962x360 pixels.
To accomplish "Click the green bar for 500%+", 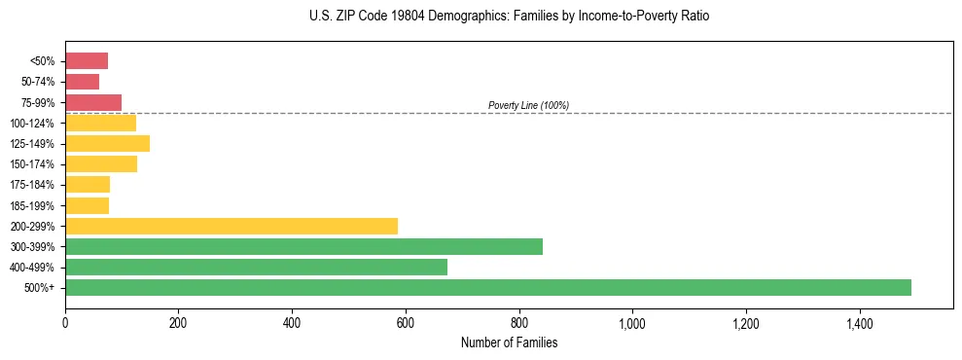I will pyautogui.click(x=488, y=287).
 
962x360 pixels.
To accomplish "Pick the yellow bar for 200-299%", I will pyautogui.click(x=232, y=226).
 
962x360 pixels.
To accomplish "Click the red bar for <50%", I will pyautogui.click(x=87, y=61).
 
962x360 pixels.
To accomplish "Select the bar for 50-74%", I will pyautogui.click(x=82, y=82).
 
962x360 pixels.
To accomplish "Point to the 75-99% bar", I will pyautogui.click(x=93, y=102).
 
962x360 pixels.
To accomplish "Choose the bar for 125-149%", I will pyautogui.click(x=107, y=143).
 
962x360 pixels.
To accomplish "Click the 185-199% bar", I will pyautogui.click(x=87, y=205).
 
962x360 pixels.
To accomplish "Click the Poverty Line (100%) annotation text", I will pyautogui.click(x=528, y=105).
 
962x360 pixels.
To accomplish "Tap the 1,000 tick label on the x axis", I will pyautogui.click(x=632, y=323).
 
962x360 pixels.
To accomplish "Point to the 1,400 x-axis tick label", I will pyautogui.click(x=859, y=323).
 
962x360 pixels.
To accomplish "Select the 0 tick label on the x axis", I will pyautogui.click(x=65, y=323).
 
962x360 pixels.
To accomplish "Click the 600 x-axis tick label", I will pyautogui.click(x=406, y=323).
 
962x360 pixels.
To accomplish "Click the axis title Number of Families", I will pyautogui.click(x=509, y=342).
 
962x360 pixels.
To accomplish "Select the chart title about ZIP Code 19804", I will pyautogui.click(x=509, y=17).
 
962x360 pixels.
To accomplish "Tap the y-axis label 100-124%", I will pyautogui.click(x=33, y=124).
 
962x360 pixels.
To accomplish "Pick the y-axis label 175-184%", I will pyautogui.click(x=33, y=185).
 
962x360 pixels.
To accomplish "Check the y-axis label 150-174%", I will pyautogui.click(x=33, y=164).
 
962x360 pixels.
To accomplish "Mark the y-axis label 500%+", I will pyautogui.click(x=41, y=288).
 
